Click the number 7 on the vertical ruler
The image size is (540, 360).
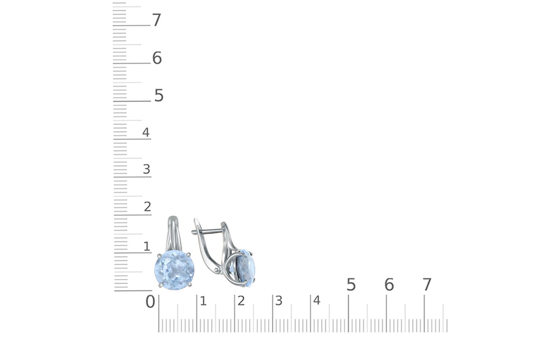(157, 20)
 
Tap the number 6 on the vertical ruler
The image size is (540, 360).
(157, 58)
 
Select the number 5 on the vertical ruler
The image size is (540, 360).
(159, 95)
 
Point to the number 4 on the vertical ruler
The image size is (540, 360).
(146, 132)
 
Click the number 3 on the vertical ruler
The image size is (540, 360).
(147, 169)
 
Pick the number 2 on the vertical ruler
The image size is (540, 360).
(148, 207)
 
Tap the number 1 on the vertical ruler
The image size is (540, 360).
(147, 246)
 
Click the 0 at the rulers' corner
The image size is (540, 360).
(150, 301)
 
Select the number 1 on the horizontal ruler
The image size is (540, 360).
(203, 301)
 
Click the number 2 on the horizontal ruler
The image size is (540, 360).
(241, 301)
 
